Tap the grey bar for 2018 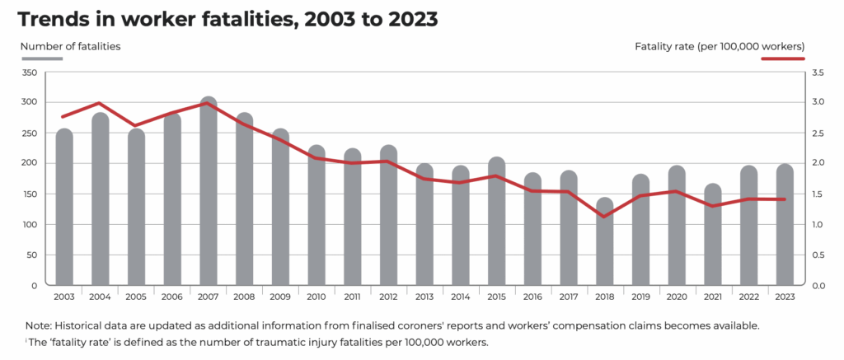pyautogui.click(x=604, y=243)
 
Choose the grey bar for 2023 pyautogui.click(x=785, y=225)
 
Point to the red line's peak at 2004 pyautogui.click(x=99, y=104)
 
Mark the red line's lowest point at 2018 pyautogui.click(x=604, y=217)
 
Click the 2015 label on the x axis pyautogui.click(x=496, y=297)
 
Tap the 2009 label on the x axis pyautogui.click(x=280, y=297)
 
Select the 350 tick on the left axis pyautogui.click(x=30, y=73)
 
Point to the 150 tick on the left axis pyautogui.click(x=30, y=194)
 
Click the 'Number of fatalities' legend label pyautogui.click(x=70, y=46)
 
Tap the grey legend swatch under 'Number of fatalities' pyautogui.click(x=42, y=58)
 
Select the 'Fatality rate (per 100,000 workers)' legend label pyautogui.click(x=720, y=46)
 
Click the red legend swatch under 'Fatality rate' pyautogui.click(x=782, y=58)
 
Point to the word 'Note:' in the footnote pyautogui.click(x=40, y=325)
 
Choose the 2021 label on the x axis pyautogui.click(x=712, y=297)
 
